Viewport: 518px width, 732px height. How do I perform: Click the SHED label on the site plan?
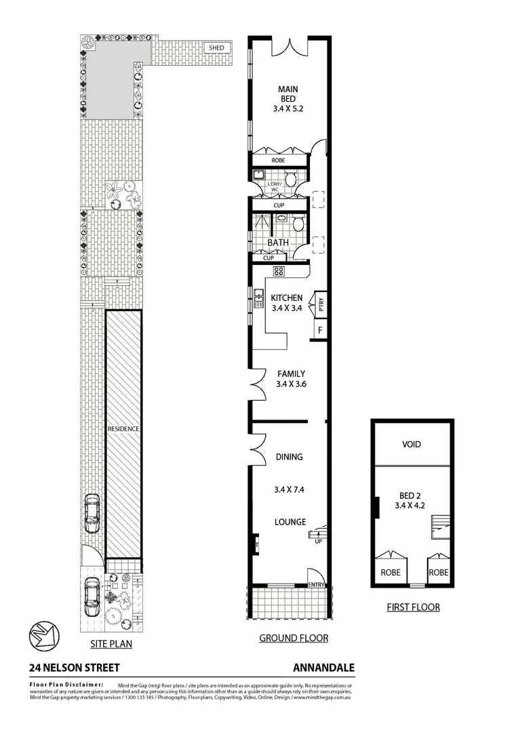[x=216, y=48]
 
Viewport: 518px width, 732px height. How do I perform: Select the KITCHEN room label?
[x=286, y=298]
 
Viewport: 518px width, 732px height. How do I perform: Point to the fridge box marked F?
[x=319, y=330]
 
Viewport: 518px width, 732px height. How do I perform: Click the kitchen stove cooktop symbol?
[x=278, y=272]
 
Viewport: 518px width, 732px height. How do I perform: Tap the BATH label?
[x=278, y=242]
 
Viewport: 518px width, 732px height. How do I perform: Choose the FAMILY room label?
[x=290, y=373]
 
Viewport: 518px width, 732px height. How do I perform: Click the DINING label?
[x=289, y=457]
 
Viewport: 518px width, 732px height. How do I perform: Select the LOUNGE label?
[x=290, y=522]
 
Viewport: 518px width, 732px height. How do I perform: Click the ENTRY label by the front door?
[x=316, y=584]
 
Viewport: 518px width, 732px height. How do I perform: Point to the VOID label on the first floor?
[x=412, y=445]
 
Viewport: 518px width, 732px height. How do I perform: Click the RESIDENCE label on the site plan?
[x=123, y=429]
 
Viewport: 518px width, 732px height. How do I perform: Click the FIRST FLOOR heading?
[x=413, y=607]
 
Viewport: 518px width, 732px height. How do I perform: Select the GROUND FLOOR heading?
[x=294, y=638]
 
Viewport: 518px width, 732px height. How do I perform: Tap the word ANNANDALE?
[x=324, y=668]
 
